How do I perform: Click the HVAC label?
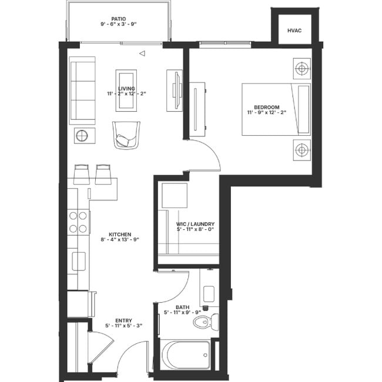tap(294, 31)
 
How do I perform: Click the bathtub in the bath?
tap(186, 355)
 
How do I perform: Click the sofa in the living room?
tap(82, 91)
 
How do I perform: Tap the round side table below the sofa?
tap(81, 136)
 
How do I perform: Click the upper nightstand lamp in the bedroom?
tap(301, 68)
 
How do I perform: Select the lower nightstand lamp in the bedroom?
tap(301, 150)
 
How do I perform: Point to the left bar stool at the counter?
tap(82, 173)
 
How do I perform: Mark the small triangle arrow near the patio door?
tap(142, 53)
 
